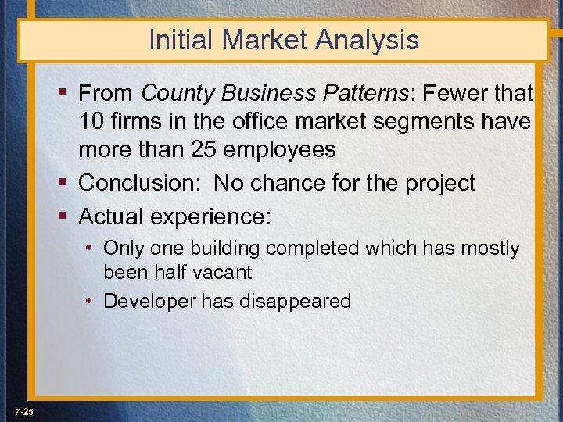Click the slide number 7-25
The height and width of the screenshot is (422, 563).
(x=23, y=411)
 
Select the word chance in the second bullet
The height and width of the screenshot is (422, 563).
(x=293, y=183)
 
